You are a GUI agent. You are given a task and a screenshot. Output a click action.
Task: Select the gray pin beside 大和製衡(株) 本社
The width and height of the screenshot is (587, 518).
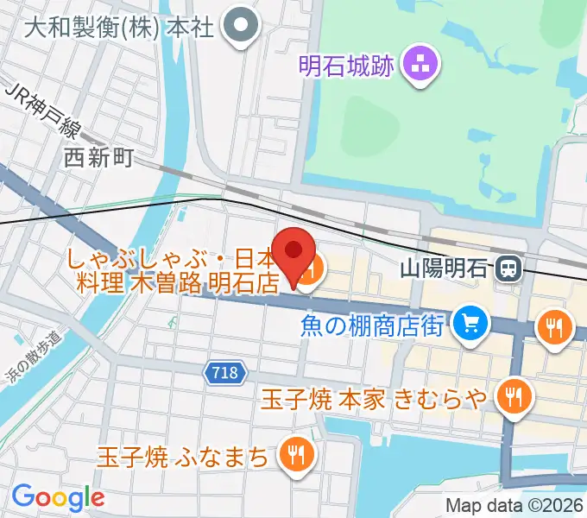coord(240,28)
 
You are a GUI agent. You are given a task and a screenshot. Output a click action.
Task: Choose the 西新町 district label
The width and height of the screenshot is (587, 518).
coord(99,156)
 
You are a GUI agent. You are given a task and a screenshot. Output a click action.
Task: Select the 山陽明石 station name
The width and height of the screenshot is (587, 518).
coord(445,268)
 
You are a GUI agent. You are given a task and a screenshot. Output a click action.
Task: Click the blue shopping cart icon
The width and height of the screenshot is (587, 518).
coord(470,324)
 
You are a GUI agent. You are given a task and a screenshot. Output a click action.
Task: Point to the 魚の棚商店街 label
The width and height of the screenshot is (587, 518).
coord(373,325)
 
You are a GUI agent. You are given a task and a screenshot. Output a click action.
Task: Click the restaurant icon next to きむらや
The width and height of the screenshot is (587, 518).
coord(515,396)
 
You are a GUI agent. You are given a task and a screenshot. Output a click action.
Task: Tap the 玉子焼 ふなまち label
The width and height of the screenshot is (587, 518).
coord(182,454)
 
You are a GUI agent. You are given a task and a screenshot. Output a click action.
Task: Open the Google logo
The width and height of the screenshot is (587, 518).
coord(57,496)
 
